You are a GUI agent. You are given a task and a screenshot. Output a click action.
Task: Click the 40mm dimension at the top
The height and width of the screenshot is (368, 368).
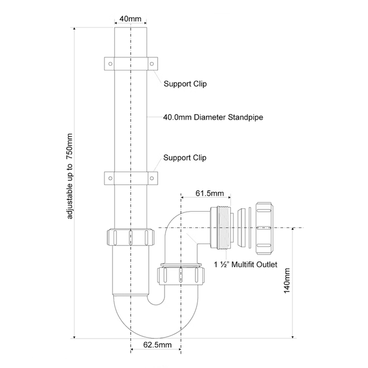click(x=130, y=18)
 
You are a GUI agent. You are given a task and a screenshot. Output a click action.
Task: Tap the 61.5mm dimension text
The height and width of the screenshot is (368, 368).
click(x=210, y=193)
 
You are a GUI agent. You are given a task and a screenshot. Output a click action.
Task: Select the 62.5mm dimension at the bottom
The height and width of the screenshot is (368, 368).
click(x=157, y=345)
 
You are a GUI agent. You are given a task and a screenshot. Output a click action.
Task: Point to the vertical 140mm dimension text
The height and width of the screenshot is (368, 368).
click(x=287, y=281)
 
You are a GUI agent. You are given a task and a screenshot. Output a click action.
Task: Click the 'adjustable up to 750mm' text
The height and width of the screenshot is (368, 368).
click(x=70, y=176)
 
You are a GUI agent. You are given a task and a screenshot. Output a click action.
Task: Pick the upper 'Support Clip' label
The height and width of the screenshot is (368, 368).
click(x=185, y=84)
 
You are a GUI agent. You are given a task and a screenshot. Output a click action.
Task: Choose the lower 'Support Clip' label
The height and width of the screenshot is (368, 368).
click(x=185, y=158)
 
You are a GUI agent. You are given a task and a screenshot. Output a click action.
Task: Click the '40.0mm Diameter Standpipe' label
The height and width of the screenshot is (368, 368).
click(x=213, y=117)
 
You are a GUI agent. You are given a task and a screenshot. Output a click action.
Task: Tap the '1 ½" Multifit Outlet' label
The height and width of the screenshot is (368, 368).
click(x=246, y=264)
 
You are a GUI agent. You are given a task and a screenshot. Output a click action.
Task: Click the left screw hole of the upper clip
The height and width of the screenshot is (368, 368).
click(x=110, y=64)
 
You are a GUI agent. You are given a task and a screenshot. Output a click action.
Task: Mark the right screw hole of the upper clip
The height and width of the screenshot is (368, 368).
click(x=152, y=64)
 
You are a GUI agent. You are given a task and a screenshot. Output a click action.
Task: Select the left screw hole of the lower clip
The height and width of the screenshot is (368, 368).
click(x=110, y=178)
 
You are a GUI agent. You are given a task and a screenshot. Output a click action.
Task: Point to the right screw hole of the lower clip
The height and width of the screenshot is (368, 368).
click(x=152, y=178)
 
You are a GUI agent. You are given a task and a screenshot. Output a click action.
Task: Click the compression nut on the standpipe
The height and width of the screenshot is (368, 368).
click(x=131, y=237)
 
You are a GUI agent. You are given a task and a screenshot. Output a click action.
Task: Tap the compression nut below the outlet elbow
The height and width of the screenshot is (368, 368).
click(x=180, y=275)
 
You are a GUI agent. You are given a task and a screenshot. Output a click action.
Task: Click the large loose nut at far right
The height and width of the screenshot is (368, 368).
click(x=264, y=228)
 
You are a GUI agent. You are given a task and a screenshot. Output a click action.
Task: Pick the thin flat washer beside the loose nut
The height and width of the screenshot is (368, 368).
click(x=250, y=228)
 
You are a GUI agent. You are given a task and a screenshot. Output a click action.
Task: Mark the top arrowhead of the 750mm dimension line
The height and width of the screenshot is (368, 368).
click(x=75, y=29)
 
